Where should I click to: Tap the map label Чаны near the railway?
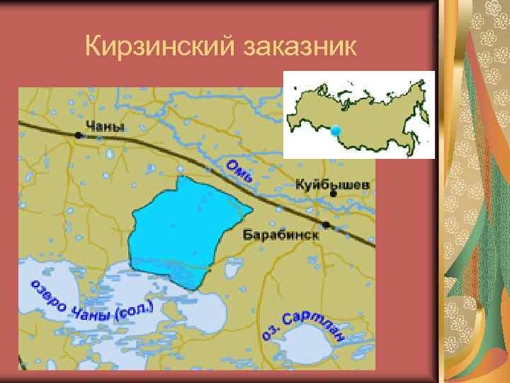pos(105,126)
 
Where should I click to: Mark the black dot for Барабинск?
pos(326,225)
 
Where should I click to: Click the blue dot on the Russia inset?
pos(336,131)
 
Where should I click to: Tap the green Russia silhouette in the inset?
pos(368,113)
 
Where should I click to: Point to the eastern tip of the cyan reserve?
pos(251,211)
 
